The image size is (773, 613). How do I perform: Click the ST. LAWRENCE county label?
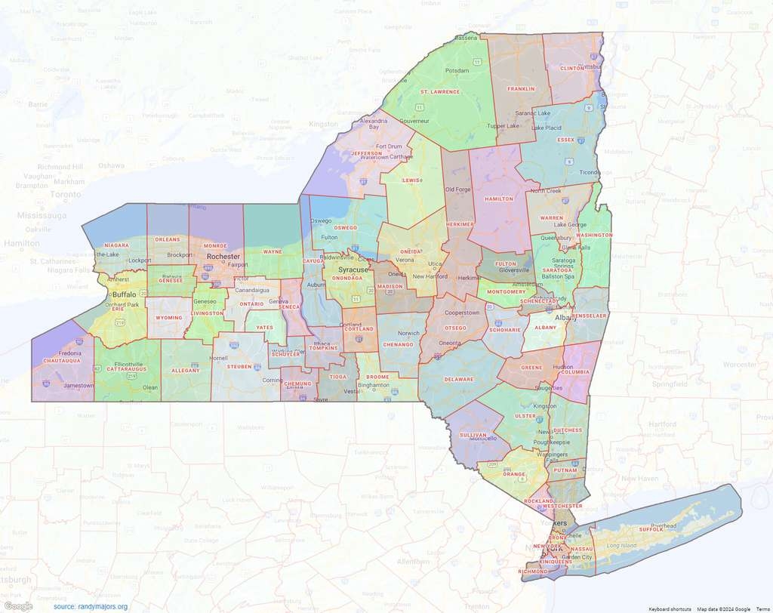tap(440, 91)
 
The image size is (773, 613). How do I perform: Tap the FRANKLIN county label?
tap(521, 88)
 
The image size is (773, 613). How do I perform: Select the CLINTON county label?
tap(571, 68)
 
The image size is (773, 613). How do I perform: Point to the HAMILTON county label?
tap(499, 199)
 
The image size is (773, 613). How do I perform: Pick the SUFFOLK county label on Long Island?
tap(651, 530)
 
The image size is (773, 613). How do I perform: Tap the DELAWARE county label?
tap(458, 379)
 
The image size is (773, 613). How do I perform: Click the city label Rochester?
tap(223, 257)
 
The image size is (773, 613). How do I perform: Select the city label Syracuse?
tap(353, 270)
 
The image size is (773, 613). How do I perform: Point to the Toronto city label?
tap(66, 194)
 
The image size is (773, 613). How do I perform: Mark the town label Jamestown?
tap(79, 385)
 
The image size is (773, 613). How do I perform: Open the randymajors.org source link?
tap(91, 606)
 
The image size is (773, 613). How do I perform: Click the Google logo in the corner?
tap(18, 605)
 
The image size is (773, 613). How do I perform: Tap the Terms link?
tap(762, 608)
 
